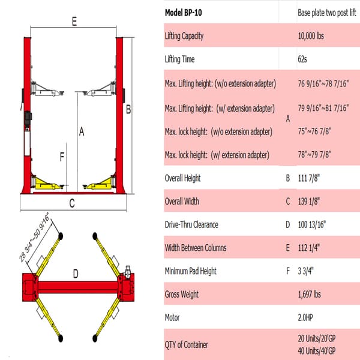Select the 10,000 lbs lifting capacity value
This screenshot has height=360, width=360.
tap(311, 35)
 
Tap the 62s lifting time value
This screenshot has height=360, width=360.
tap(303, 59)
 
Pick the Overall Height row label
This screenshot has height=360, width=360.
tap(182, 178)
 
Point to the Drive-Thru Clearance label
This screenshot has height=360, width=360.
tap(191, 225)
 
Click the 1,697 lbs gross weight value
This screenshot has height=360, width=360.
tap(310, 295)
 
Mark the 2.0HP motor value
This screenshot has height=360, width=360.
tap(307, 318)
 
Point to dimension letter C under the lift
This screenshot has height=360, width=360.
tap(71, 203)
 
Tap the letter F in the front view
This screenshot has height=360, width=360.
tap(61, 157)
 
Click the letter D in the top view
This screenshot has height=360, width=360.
tap(76, 275)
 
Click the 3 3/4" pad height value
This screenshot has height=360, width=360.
tap(306, 271)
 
